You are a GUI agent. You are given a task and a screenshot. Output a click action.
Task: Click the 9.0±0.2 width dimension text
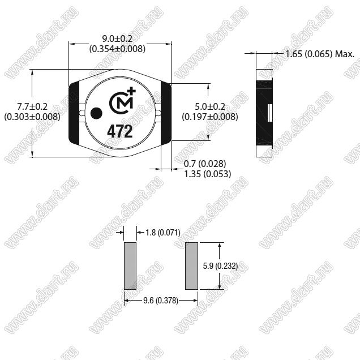pyautogui.click(x=117, y=38)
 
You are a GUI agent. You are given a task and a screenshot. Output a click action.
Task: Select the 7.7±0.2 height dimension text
pyautogui.click(x=32, y=106)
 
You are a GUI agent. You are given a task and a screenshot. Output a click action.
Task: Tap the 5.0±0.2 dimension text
pyautogui.click(x=210, y=106)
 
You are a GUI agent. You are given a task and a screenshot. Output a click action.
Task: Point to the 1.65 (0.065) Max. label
pyautogui.click(x=320, y=54)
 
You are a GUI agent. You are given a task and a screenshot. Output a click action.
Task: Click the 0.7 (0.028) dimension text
pyautogui.click(x=205, y=164)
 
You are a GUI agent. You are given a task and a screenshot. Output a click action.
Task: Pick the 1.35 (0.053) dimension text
pyautogui.click(x=208, y=174)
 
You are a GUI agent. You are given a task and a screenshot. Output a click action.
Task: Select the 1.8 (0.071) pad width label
pyautogui.click(x=163, y=233)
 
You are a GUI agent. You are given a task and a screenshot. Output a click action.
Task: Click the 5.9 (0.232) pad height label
pyautogui.click(x=220, y=266)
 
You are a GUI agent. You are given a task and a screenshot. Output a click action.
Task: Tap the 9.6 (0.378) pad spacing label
pyautogui.click(x=161, y=301)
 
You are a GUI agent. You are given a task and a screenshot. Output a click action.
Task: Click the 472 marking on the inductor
pyautogui.click(x=120, y=131)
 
